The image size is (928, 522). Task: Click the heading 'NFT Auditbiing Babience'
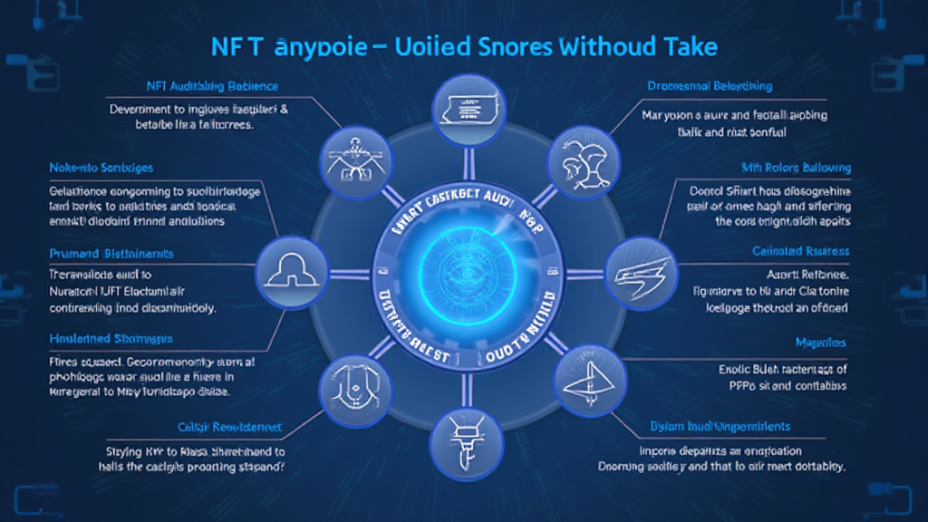click(210, 86)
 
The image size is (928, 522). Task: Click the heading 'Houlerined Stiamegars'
click(111, 339)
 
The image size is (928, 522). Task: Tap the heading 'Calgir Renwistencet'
click(229, 426)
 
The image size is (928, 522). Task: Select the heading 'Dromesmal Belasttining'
click(710, 86)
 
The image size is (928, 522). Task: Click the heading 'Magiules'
click(821, 343)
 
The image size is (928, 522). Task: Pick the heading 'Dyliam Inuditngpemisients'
click(720, 426)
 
